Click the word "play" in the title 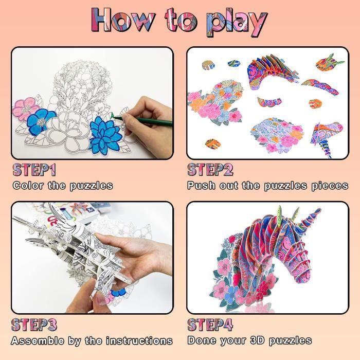click(x=237, y=23)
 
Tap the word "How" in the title click(x=123, y=20)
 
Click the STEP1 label click(x=34, y=170)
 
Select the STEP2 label click(x=210, y=170)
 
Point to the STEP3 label click(x=34, y=325)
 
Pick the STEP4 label click(x=210, y=325)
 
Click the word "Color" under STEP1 click(x=28, y=185)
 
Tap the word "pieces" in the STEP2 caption click(x=330, y=186)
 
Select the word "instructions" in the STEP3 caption click(x=139, y=340)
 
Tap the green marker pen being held click(x=142, y=121)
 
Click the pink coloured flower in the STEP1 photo click(x=25, y=109)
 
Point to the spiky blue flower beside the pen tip click(x=105, y=136)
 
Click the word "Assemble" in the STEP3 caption click(x=38, y=340)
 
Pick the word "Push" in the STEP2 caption click(x=202, y=185)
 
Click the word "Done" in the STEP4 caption click(x=202, y=340)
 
